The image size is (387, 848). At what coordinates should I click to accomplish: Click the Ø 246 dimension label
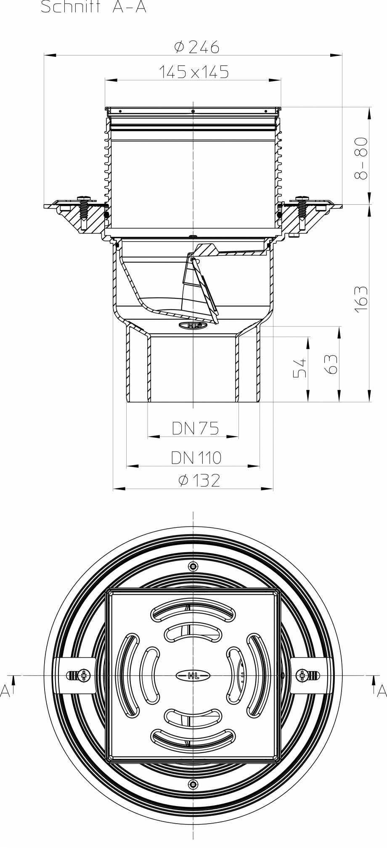click(x=196, y=47)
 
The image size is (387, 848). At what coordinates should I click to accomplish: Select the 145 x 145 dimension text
click(x=194, y=72)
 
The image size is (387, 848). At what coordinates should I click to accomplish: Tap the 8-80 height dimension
click(x=361, y=158)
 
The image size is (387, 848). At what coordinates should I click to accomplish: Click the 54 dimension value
click(x=300, y=368)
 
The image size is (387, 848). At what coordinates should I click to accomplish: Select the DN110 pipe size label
click(x=196, y=457)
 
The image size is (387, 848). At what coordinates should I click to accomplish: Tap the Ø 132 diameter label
click(x=199, y=480)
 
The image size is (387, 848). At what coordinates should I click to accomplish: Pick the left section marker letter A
click(x=5, y=691)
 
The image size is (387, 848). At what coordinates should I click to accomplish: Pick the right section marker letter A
click(x=381, y=691)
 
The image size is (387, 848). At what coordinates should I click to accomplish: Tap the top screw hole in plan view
click(x=193, y=566)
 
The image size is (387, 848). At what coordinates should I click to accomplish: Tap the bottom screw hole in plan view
click(x=193, y=784)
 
